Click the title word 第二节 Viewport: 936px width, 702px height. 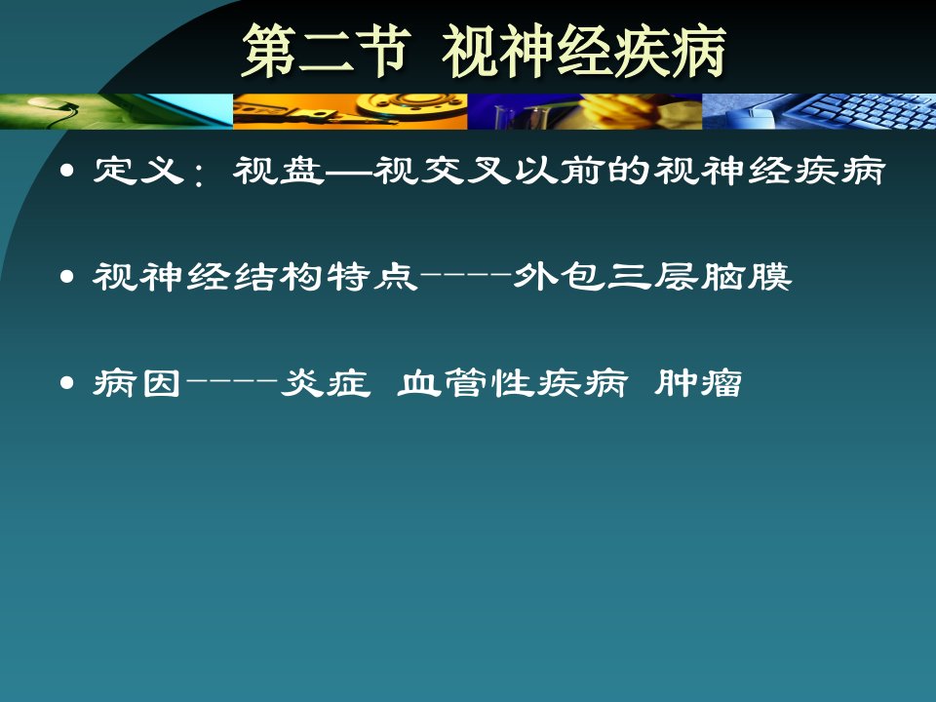(x=326, y=52)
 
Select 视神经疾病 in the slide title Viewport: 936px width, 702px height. (x=584, y=52)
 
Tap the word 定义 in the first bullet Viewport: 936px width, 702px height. (x=137, y=171)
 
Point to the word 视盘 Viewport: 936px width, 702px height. (x=279, y=171)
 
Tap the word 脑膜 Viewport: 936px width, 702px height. (x=746, y=277)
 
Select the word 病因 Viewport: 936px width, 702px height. (x=136, y=382)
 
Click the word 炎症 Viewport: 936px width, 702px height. (x=326, y=382)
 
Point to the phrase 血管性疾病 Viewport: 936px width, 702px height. (x=512, y=382)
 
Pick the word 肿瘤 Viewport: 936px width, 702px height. (x=698, y=382)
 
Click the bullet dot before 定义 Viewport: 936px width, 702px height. (x=67, y=172)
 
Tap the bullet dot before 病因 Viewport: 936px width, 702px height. (x=67, y=382)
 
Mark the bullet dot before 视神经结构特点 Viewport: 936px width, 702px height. (x=67, y=277)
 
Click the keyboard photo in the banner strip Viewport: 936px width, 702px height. (x=819, y=111)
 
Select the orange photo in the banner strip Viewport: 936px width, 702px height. (x=350, y=111)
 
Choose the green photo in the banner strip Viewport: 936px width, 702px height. (x=116, y=111)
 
